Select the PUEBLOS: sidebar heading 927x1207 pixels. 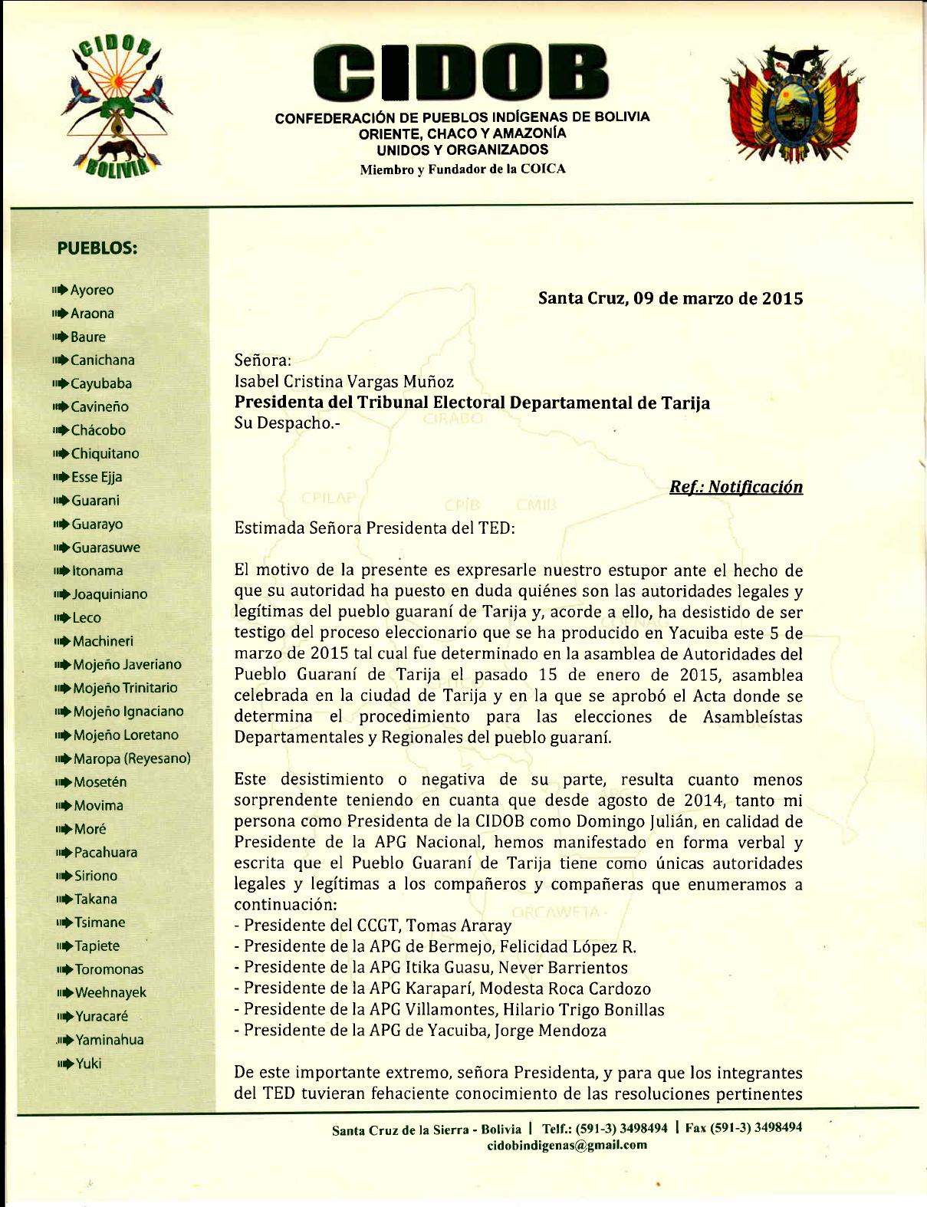97,248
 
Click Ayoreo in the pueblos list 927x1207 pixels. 92,290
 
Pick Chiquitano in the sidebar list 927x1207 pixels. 105,453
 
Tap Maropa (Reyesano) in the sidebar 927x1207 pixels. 132,758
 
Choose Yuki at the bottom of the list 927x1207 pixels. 88,1063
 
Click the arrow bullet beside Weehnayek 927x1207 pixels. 64,993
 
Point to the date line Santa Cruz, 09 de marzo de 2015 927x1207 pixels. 670,298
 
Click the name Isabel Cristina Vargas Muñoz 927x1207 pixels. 344,381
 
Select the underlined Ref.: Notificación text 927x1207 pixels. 735,487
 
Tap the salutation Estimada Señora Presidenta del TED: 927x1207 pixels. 374,528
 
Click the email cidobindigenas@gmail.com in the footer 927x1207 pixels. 567,1145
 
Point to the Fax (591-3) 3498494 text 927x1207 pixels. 744,1128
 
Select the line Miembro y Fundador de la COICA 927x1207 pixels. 462,169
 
